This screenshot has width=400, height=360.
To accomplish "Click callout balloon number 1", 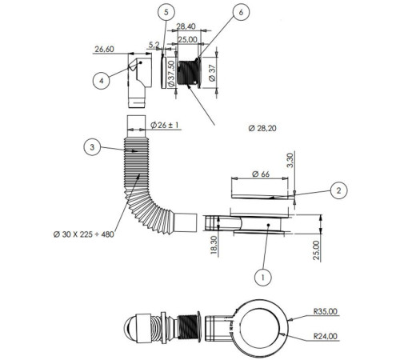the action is point(262,278).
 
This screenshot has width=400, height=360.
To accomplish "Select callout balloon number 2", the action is point(338,190).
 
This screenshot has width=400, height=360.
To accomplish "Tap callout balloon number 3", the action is point(92,147).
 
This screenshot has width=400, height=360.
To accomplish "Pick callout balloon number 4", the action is point(101,81).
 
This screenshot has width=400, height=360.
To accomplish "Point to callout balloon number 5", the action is point(166,12).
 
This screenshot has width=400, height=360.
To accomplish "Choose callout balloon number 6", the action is point(241,12).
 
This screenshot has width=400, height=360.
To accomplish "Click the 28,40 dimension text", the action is point(186,26).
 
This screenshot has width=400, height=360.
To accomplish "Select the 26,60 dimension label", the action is point(104,49).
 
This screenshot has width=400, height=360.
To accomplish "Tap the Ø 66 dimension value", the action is point(261,174).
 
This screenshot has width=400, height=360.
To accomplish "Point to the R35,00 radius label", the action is point(326,311).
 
